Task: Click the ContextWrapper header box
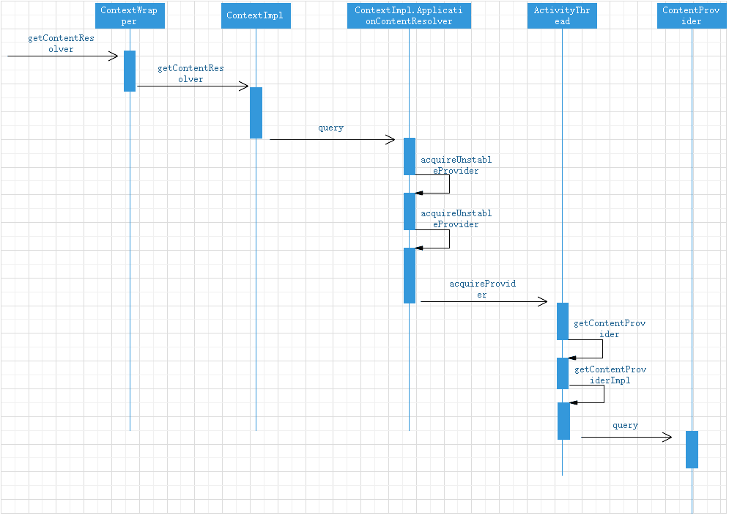tap(129, 15)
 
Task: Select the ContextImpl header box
tap(256, 15)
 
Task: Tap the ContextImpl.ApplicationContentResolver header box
tap(408, 15)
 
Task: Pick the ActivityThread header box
tap(562, 15)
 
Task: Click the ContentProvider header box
tap(692, 15)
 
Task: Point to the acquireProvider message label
tap(477, 289)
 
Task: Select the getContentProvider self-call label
tap(610, 328)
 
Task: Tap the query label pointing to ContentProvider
tap(625, 426)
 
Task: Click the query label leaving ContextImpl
tap(330, 128)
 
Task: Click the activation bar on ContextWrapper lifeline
tap(130, 71)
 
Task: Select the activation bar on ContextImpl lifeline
tap(256, 113)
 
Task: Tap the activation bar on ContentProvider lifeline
tap(692, 449)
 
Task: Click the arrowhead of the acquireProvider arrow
tap(543, 301)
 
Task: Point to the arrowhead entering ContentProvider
tap(667, 438)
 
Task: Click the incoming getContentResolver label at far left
tap(61, 44)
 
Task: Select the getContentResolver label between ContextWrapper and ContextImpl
tap(190, 73)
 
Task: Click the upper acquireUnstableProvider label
tap(456, 165)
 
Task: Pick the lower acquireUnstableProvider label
tap(456, 218)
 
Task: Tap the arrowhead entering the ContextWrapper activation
tap(114, 56)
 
